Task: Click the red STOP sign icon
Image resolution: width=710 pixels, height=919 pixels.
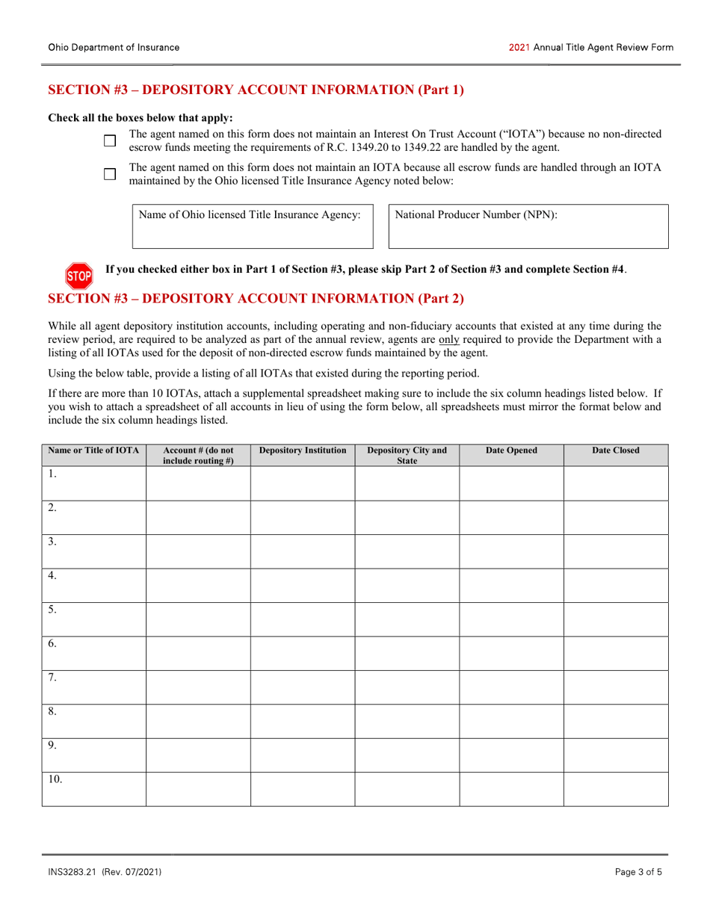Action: coord(80,276)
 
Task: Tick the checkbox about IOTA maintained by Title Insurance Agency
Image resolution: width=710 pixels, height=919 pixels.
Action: coord(110,174)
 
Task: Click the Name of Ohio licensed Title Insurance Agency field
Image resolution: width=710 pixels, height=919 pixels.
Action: coord(253,227)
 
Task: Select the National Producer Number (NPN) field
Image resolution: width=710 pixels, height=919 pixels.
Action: coord(528,227)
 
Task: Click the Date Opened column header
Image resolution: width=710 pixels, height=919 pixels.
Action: coord(511,451)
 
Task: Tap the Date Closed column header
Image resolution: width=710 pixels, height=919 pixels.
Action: coord(616,451)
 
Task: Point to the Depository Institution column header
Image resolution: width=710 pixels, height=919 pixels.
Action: coord(303,451)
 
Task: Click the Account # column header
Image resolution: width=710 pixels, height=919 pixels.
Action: coord(198,455)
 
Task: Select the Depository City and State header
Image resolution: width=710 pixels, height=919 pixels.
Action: coord(407,455)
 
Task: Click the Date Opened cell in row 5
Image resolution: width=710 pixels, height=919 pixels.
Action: coord(511,619)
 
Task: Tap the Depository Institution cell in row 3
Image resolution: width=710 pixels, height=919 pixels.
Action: coord(303,551)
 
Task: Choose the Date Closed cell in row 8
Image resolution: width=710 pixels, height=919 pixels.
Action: coord(616,721)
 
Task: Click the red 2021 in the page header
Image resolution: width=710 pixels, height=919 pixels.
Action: coord(519,47)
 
